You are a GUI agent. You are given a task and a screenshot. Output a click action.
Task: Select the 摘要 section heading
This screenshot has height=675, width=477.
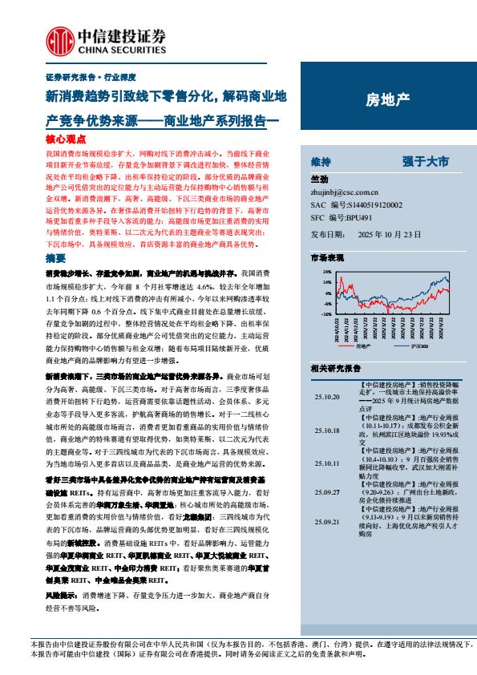pos(56,259)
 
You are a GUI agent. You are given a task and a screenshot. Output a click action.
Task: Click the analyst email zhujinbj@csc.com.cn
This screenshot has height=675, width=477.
pos(344,192)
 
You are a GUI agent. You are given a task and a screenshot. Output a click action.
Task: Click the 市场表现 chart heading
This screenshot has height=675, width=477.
pos(327,258)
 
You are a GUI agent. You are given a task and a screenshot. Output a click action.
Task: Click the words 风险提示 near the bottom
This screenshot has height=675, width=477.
pos(63,595)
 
